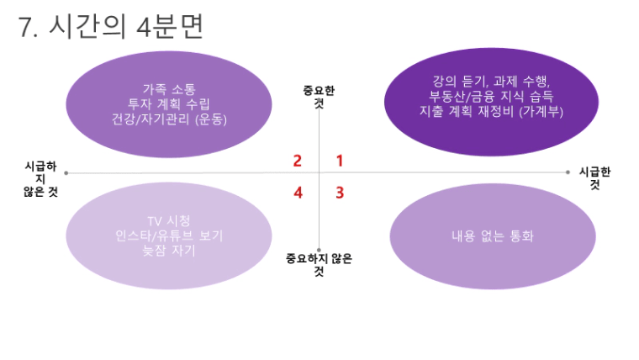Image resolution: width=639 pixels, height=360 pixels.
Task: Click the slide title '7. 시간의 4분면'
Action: (x=110, y=27)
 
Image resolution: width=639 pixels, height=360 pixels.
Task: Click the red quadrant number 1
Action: (x=340, y=161)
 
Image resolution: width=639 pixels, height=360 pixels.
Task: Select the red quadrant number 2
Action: (x=298, y=161)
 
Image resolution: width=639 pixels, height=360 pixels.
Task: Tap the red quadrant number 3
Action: (x=340, y=193)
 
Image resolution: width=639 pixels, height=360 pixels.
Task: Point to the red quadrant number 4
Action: (x=298, y=193)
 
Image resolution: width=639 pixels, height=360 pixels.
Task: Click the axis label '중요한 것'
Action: (x=319, y=97)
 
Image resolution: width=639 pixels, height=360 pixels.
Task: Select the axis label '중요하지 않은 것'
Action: (x=319, y=265)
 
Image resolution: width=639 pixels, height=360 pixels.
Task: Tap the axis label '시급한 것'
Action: (x=595, y=177)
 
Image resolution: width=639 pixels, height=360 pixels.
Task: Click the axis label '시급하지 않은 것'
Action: (x=40, y=178)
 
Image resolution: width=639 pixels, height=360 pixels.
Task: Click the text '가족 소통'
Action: (x=169, y=89)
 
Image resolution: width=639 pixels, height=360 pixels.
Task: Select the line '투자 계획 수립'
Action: (x=169, y=104)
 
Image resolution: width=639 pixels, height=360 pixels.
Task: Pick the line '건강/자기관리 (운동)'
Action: (x=169, y=119)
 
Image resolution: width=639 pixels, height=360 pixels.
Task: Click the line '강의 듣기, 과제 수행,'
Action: (x=491, y=81)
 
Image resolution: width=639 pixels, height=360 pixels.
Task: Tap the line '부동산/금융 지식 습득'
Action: (x=491, y=96)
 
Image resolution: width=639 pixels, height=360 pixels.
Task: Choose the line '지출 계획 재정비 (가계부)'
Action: (x=491, y=111)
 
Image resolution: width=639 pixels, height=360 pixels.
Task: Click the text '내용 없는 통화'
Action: (x=493, y=236)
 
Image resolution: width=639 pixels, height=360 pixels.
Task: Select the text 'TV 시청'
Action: (x=169, y=221)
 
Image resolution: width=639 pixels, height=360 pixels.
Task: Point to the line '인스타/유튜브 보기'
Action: (x=169, y=236)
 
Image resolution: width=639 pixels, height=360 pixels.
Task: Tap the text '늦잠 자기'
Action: (x=169, y=251)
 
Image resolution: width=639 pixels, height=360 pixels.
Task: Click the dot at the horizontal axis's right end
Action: (x=568, y=172)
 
